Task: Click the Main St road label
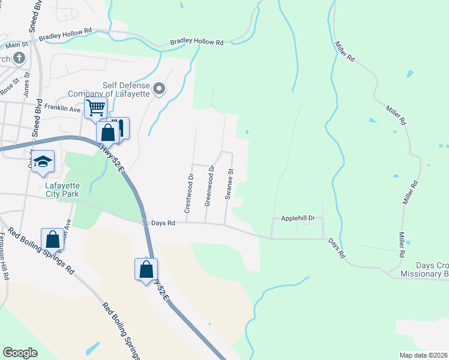[x=17, y=45]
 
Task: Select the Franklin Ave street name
[x=67, y=110]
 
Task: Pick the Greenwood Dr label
[x=209, y=186]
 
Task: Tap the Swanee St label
[x=229, y=184]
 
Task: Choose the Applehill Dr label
[x=298, y=219]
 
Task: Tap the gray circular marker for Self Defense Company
[x=159, y=89]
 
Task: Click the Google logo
[x=20, y=353]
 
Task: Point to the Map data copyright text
[x=423, y=355]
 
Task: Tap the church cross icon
[x=19, y=58]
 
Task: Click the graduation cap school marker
[x=44, y=161]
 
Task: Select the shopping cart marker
[x=95, y=109]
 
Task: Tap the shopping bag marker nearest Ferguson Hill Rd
[x=53, y=238]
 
